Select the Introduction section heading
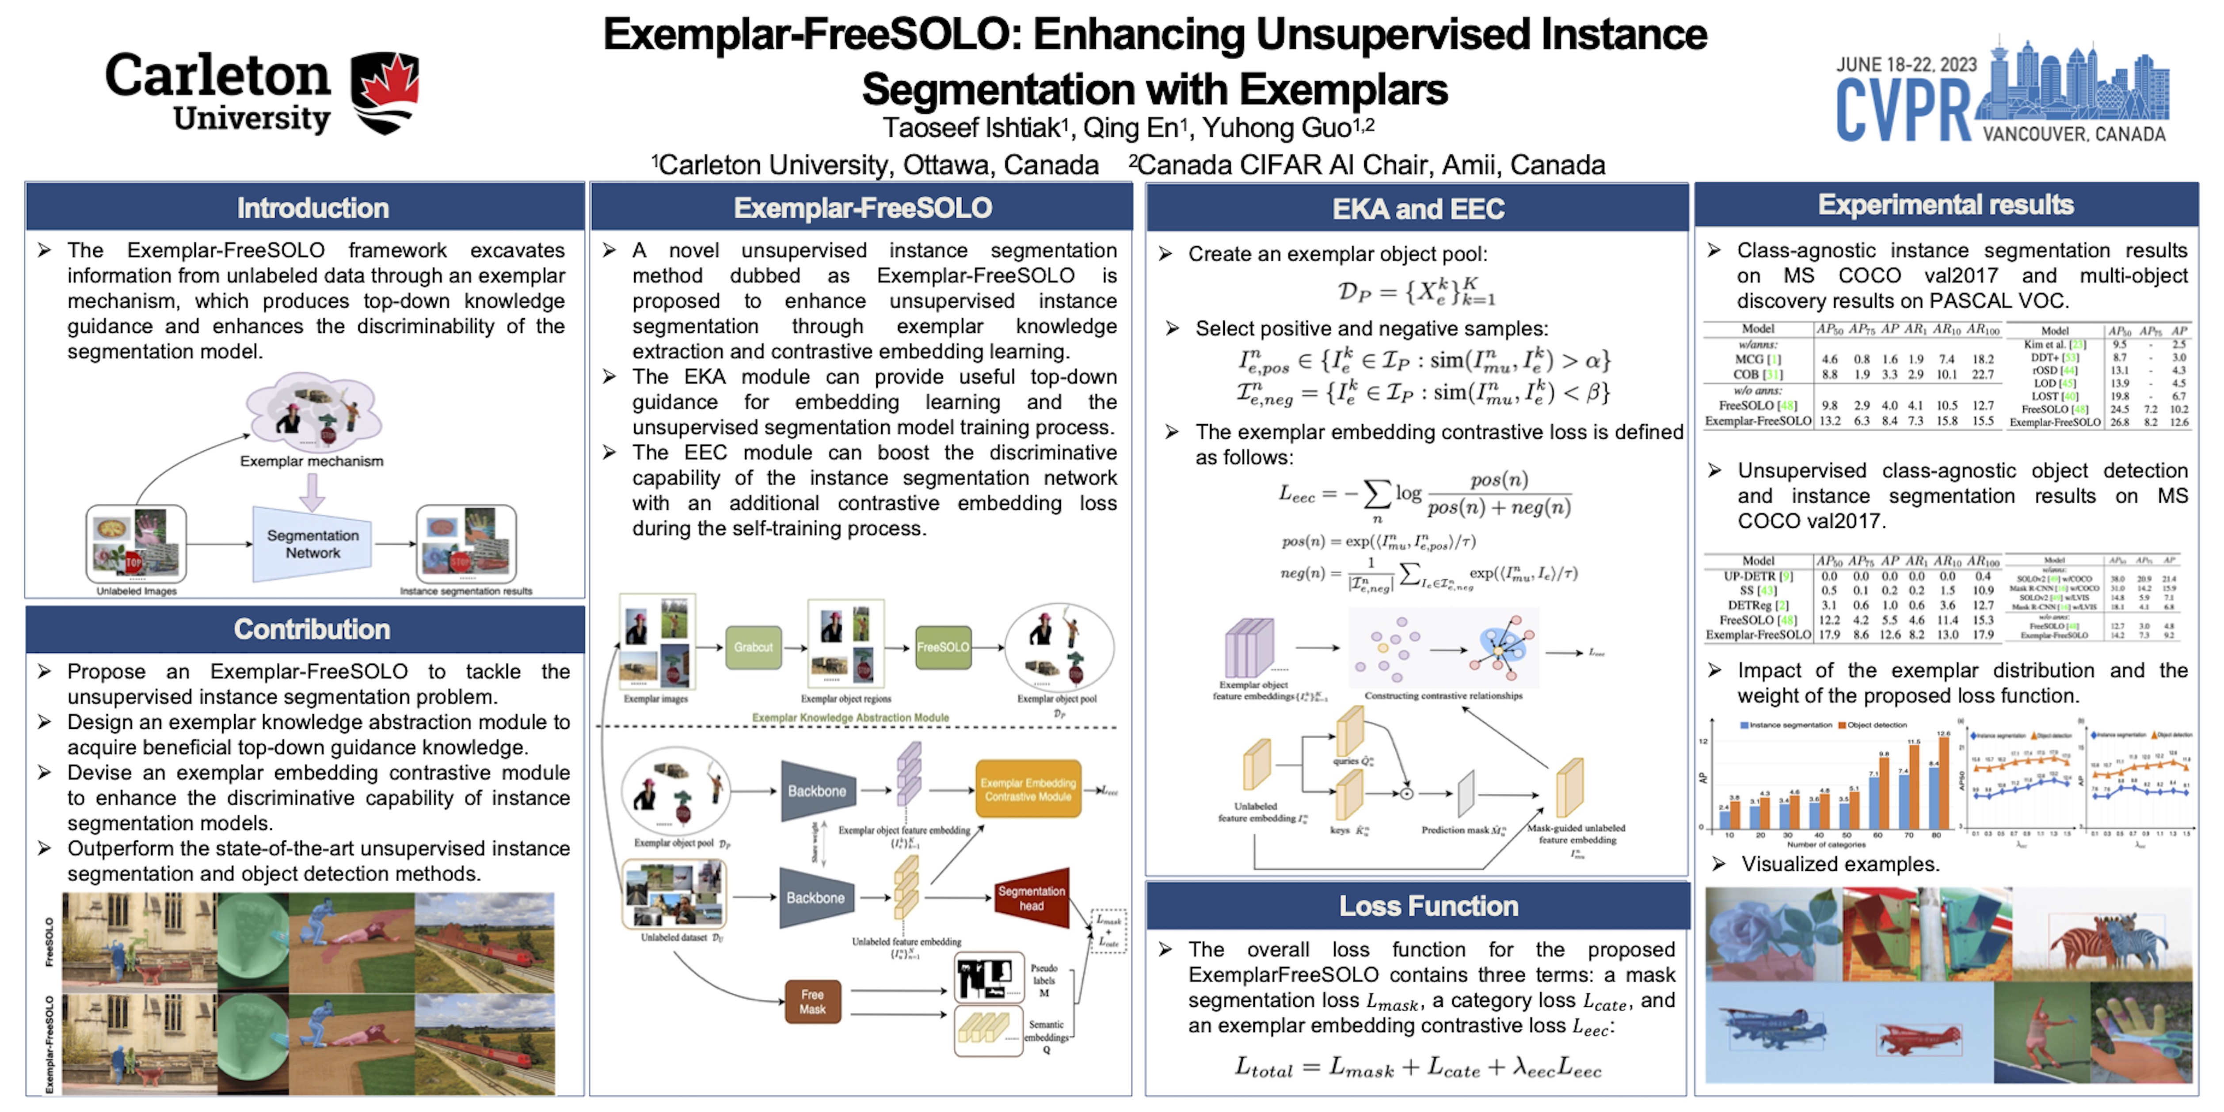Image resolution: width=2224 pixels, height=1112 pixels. click(312, 208)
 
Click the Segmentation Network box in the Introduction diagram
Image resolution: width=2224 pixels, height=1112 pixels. click(312, 544)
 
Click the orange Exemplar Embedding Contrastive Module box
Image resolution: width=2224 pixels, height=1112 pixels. click(1028, 789)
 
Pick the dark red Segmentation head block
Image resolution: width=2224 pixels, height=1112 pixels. click(1032, 898)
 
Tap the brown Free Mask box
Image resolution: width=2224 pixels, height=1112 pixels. click(812, 1002)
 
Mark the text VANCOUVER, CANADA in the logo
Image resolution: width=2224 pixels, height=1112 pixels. click(2074, 135)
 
